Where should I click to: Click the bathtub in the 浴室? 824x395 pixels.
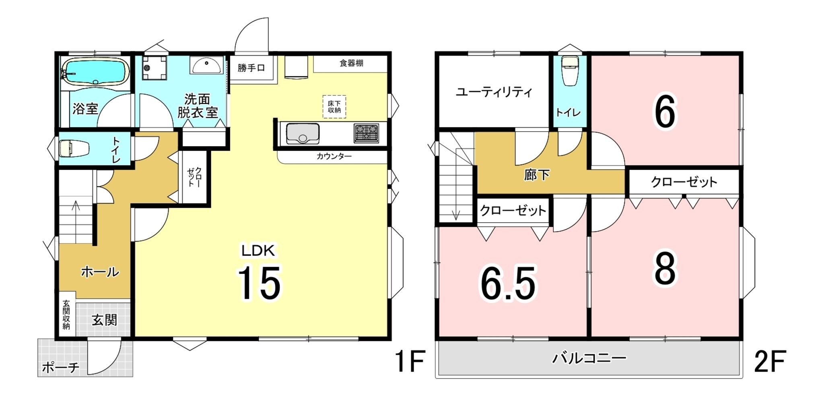(x=95, y=71)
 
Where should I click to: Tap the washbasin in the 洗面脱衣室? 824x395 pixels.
(x=207, y=65)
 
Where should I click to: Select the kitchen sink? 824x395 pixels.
(x=303, y=133)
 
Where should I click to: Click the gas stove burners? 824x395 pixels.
(x=366, y=133)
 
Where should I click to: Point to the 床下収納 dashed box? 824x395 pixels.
(x=334, y=107)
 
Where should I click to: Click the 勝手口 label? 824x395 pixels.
(x=251, y=68)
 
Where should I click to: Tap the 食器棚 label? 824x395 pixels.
(x=351, y=63)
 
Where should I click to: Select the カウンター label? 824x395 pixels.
(x=334, y=156)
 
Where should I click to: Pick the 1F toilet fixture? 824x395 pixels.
(x=74, y=148)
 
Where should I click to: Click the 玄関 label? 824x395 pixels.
(x=105, y=320)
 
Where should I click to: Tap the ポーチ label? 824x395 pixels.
(x=60, y=367)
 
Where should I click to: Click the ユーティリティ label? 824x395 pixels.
(x=494, y=92)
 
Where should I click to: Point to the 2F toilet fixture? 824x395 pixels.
(x=570, y=70)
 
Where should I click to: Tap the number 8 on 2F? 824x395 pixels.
(x=665, y=269)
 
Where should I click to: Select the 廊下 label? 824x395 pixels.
(x=537, y=175)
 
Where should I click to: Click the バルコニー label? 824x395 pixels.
(x=589, y=358)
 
